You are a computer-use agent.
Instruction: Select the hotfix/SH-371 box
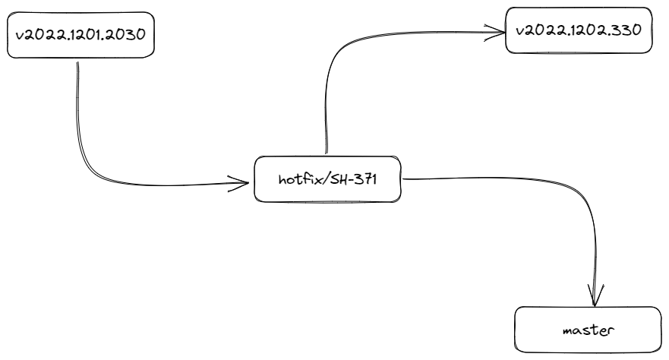pyautogui.click(x=327, y=179)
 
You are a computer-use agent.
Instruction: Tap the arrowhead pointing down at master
pyautogui.click(x=596, y=295)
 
